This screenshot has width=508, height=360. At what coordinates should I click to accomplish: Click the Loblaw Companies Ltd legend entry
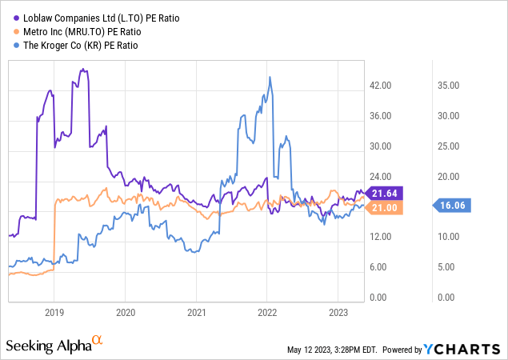coord(78,15)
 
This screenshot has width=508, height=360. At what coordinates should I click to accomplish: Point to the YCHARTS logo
coord(470,349)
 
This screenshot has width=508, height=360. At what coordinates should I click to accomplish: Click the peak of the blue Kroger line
coord(270,77)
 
